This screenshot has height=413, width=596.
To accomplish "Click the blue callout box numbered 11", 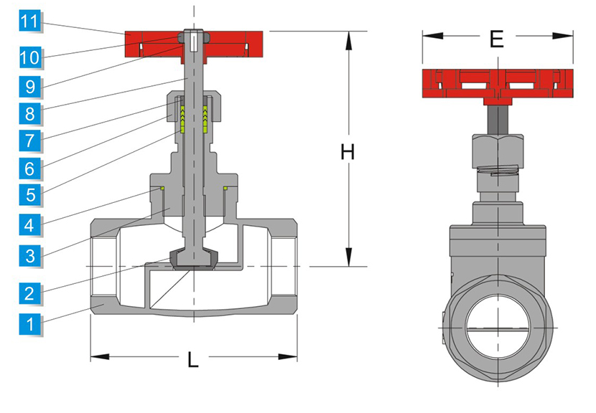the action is [29, 22].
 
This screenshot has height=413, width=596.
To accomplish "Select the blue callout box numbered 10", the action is [29, 57].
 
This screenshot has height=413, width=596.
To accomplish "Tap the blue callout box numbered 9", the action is [29, 87].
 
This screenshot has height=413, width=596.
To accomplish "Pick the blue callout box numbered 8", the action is [29, 113].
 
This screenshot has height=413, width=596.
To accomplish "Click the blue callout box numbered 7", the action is [29, 141].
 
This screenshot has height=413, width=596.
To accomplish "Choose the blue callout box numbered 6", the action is [29, 168].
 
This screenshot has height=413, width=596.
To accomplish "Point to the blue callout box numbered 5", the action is [29, 195].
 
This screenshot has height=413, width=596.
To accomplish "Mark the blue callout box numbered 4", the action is [29, 225].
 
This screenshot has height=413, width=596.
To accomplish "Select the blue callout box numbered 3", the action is [29, 255].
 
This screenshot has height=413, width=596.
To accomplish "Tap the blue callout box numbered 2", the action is [29, 293].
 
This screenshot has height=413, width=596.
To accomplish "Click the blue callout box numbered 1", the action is [29, 324].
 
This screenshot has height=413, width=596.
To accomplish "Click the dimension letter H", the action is [348, 152].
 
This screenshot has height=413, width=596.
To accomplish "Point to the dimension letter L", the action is [193, 359].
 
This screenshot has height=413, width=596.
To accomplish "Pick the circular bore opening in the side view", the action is [498, 327].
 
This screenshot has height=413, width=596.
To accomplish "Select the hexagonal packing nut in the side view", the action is [498, 151].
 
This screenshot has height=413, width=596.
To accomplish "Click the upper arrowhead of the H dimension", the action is [348, 41].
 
